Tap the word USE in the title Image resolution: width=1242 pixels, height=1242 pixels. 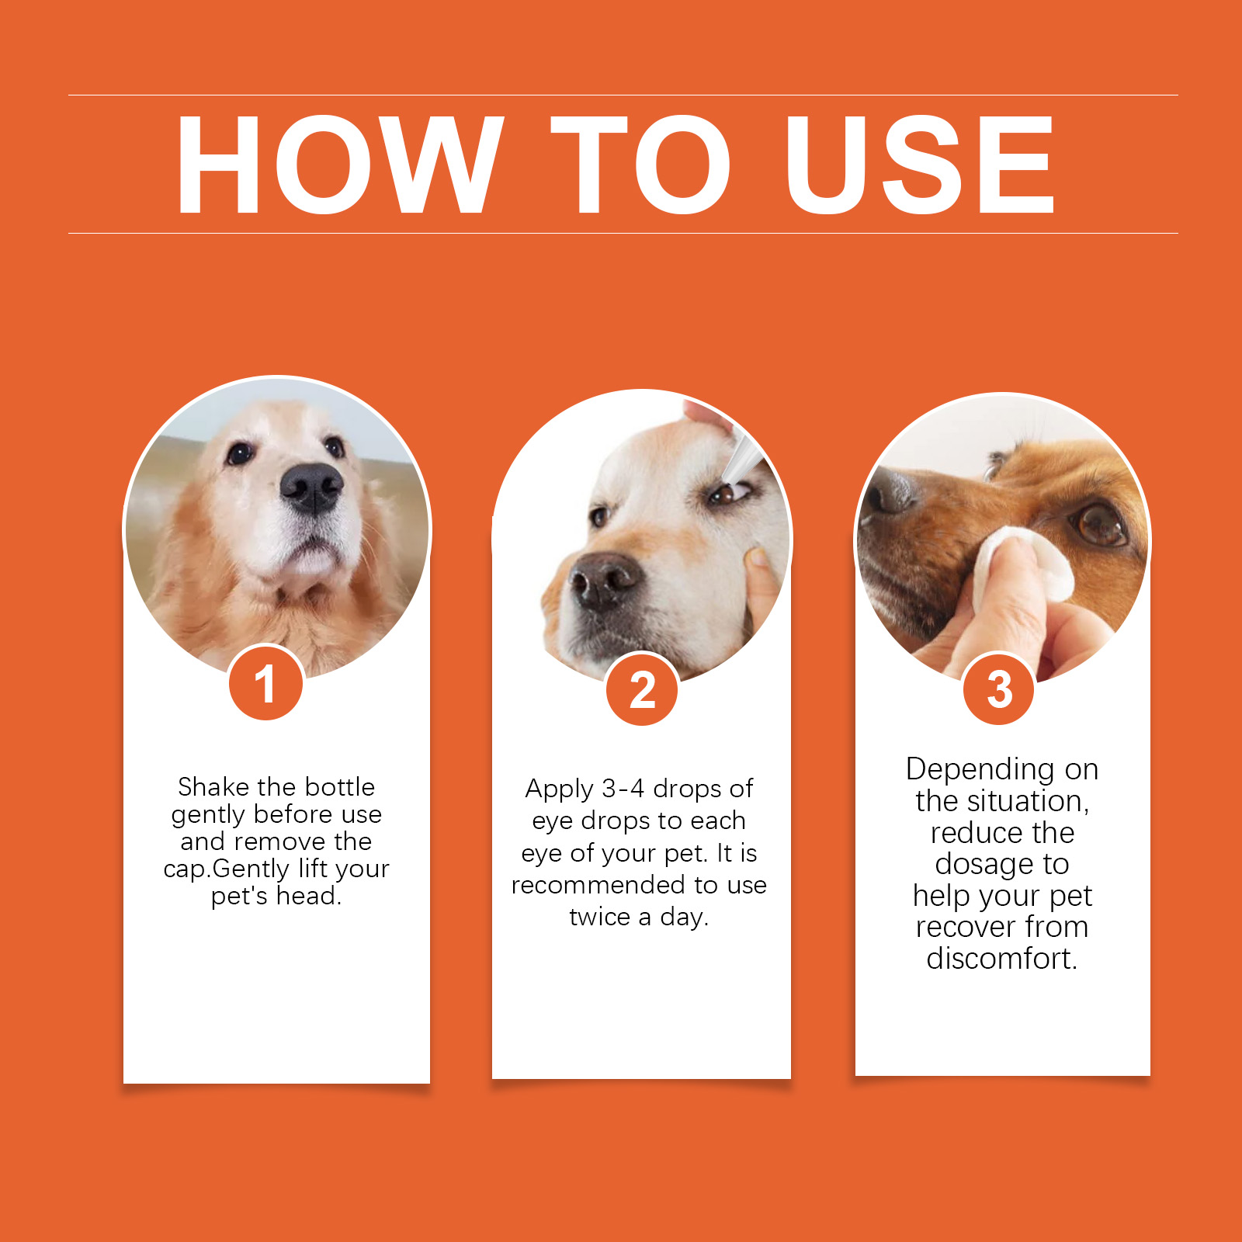coord(920,164)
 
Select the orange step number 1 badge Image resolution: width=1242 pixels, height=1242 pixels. coord(265,683)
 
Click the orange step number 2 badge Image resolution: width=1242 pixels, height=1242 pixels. coord(642,689)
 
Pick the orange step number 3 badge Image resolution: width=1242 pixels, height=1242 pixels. coord(999,688)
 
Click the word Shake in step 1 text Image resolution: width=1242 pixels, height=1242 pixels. coord(213,787)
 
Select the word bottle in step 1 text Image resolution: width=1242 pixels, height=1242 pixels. coord(339,787)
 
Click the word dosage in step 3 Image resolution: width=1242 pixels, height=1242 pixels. coord(984,865)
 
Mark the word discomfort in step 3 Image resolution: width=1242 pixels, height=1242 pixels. coord(1001,958)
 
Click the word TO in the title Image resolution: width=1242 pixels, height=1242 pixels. coord(641,164)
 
